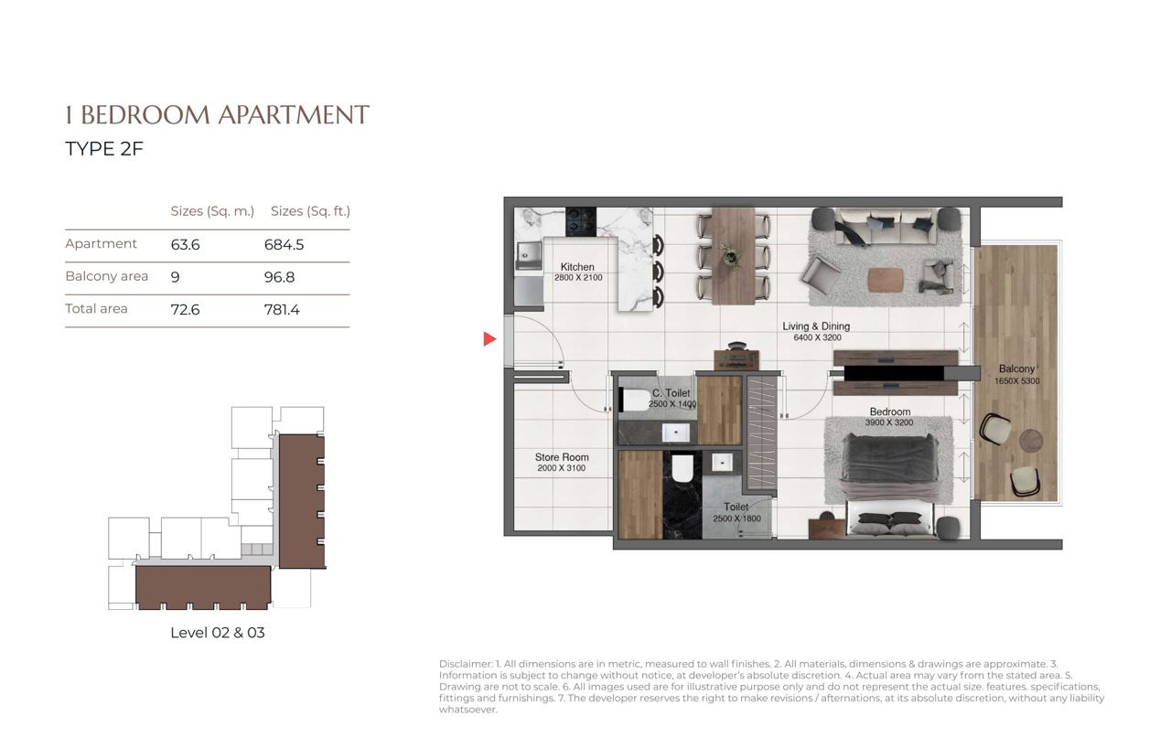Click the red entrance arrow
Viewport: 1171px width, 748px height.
pos(489,339)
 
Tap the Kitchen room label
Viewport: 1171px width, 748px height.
pos(577,266)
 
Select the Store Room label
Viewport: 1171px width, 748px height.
pos(562,457)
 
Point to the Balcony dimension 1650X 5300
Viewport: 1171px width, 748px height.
pos(1016,380)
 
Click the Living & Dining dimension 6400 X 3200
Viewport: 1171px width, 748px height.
pos(817,337)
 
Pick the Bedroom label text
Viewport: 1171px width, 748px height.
pos(890,411)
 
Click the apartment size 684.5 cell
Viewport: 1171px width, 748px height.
pos(284,244)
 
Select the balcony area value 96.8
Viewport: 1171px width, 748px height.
pos(279,277)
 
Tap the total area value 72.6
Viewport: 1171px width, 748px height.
pos(185,310)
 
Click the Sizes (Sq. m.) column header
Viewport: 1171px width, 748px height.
pos(212,211)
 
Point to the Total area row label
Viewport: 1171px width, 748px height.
pos(96,309)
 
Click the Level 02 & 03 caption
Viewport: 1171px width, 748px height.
pos(218,633)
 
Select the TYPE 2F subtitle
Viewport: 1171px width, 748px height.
pos(104,149)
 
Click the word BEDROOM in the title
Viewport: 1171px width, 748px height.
pos(145,115)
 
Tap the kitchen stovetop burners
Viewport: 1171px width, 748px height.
pos(581,221)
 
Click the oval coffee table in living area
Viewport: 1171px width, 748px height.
pos(886,280)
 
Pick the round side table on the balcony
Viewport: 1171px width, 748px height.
pos(1031,441)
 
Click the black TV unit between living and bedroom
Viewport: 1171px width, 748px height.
pos(894,373)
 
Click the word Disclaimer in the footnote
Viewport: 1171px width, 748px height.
pos(466,664)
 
